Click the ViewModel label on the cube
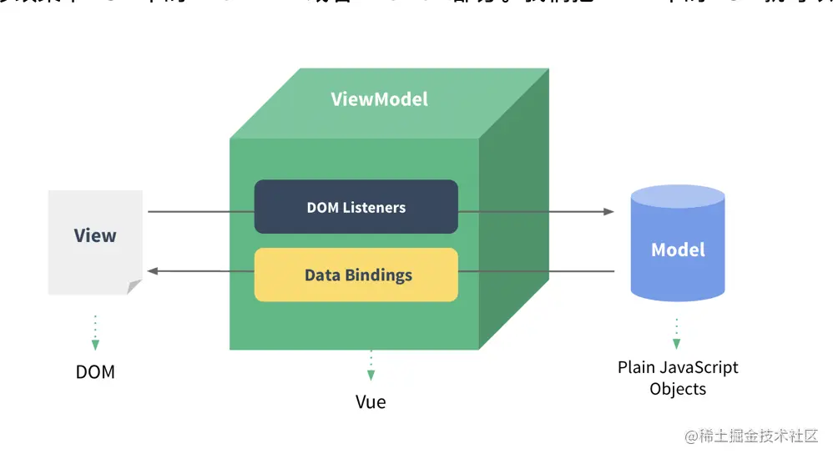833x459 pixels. [379, 99]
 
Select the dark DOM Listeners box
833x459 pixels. [356, 207]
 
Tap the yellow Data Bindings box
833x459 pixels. [356, 275]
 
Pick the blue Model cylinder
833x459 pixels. [678, 249]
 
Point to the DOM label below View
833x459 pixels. [95, 372]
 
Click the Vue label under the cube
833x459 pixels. [371, 402]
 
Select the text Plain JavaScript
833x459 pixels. [678, 367]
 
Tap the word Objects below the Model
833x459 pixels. [678, 389]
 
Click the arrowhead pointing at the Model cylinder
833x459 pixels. [609, 212]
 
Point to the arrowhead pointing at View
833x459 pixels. [152, 271]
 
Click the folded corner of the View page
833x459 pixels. [134, 286]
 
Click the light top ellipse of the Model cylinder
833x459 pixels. [678, 196]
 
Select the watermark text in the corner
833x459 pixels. [751, 436]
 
